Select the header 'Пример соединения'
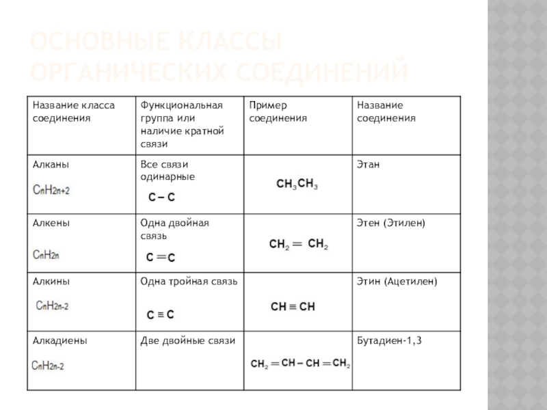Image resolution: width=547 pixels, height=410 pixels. click(x=278, y=112)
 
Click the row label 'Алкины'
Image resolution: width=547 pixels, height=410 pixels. click(x=51, y=281)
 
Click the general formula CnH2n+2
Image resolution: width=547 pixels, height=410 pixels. click(x=51, y=190)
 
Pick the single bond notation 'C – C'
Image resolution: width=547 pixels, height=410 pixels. click(x=162, y=197)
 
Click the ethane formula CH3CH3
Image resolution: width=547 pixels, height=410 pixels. click(x=297, y=184)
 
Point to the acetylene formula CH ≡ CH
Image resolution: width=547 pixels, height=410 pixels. click(x=293, y=307)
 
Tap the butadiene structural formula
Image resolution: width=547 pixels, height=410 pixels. click(x=300, y=364)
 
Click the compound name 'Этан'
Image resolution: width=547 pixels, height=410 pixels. click(x=369, y=165)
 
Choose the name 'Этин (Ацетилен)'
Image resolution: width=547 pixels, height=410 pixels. click(x=397, y=281)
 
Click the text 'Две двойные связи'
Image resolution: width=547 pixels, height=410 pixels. click(x=187, y=340)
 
